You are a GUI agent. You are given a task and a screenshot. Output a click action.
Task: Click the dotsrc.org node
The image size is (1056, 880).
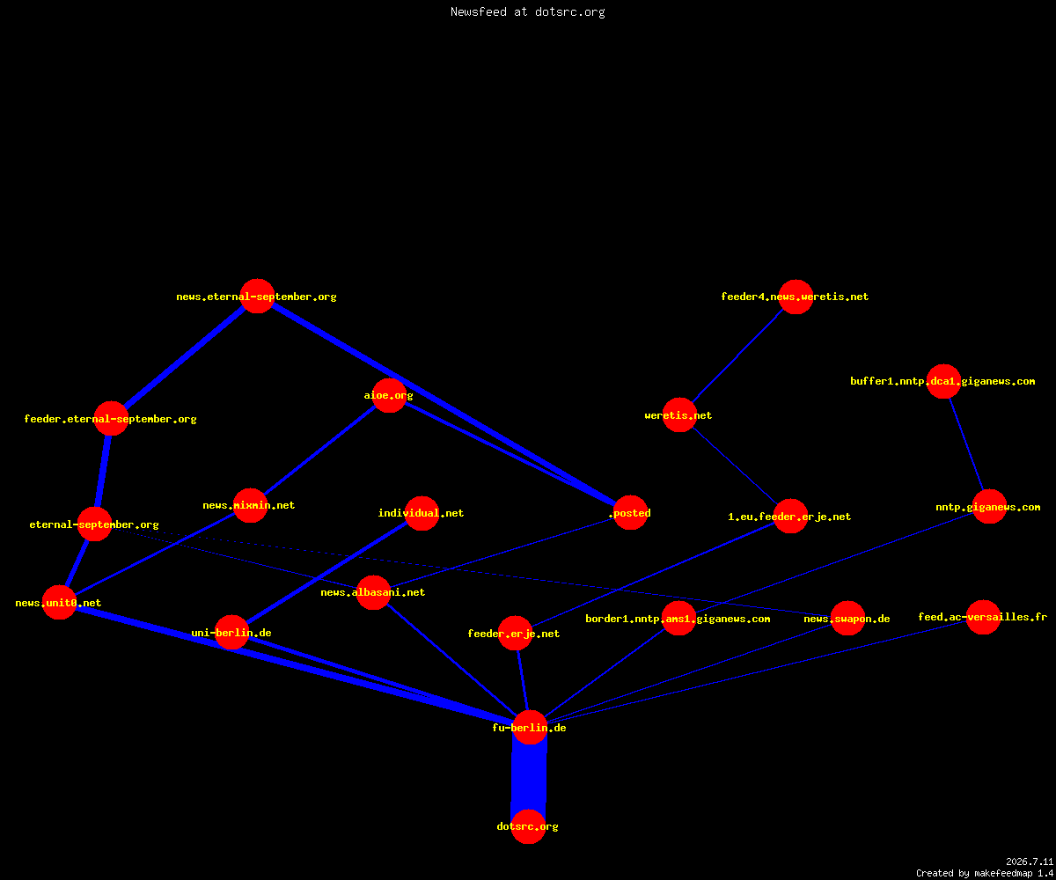click(529, 826)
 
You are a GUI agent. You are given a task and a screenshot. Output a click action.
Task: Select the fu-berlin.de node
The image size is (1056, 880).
click(530, 727)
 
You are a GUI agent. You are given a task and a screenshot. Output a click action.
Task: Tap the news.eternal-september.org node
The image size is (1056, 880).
click(258, 297)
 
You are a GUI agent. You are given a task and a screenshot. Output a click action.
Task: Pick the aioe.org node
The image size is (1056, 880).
click(389, 395)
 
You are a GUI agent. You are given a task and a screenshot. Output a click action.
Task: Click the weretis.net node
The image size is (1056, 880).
click(679, 415)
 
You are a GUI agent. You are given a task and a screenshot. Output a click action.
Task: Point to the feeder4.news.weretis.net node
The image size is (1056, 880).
click(796, 297)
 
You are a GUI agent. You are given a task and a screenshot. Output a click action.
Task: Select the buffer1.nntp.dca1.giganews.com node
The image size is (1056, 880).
click(943, 381)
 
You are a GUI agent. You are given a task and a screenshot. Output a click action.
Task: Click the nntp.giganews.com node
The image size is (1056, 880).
click(990, 507)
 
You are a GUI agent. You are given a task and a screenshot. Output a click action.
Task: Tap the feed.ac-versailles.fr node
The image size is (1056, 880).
click(983, 617)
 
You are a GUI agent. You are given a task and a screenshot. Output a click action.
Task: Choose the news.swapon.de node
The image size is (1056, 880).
click(848, 618)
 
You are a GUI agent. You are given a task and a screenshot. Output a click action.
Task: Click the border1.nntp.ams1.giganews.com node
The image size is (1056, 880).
click(678, 618)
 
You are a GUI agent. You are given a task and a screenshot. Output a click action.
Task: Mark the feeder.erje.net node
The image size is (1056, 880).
click(516, 634)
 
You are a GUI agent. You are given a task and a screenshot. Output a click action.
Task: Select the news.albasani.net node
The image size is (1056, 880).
click(374, 592)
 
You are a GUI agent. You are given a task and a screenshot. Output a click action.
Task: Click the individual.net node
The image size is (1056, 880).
click(422, 513)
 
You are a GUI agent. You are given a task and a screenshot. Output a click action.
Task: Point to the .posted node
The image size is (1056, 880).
click(630, 513)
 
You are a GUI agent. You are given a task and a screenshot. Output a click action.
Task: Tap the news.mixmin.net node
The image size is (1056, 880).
click(250, 505)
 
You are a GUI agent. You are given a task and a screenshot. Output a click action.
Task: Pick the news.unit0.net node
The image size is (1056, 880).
click(60, 602)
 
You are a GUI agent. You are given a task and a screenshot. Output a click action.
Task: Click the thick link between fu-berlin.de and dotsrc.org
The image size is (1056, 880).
click(529, 777)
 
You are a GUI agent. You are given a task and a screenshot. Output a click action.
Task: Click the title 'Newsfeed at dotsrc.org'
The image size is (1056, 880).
click(527, 12)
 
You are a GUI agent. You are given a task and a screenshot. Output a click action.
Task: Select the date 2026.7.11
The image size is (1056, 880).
click(1030, 862)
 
